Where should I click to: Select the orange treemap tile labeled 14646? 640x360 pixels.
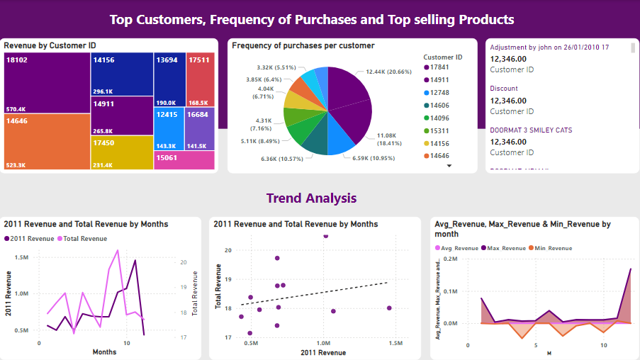click(x=47, y=142)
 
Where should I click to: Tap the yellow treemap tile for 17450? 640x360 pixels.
click(x=122, y=152)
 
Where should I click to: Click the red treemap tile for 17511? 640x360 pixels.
click(x=199, y=80)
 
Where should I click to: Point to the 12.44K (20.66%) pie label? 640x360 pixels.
click(x=388, y=72)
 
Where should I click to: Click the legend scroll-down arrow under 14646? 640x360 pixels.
click(x=449, y=166)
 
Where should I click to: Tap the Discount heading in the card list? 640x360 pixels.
click(x=504, y=89)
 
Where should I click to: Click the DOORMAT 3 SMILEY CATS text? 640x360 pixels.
click(x=531, y=130)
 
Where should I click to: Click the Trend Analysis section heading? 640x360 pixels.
click(x=311, y=198)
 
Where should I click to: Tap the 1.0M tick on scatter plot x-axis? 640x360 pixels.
click(x=323, y=343)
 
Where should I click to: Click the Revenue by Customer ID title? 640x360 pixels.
click(x=50, y=45)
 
